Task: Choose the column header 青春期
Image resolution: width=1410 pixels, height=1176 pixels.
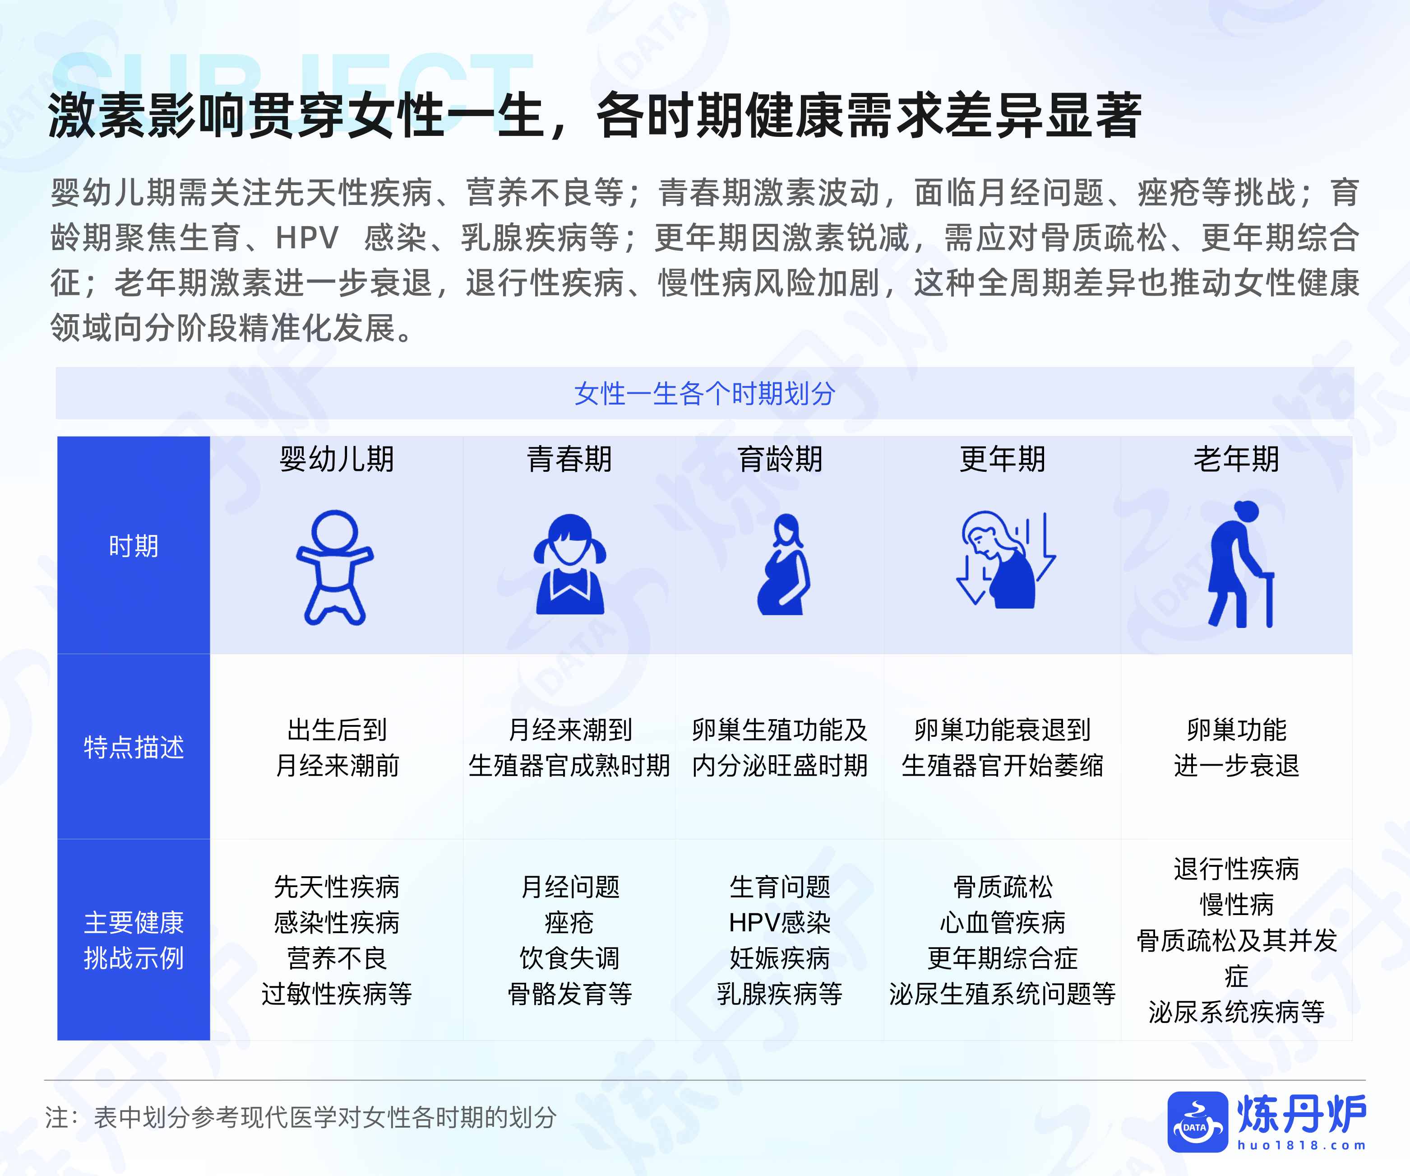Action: click(x=569, y=460)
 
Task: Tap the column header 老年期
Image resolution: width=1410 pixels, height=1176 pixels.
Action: click(x=1235, y=460)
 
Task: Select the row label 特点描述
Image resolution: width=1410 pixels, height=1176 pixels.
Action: click(x=134, y=747)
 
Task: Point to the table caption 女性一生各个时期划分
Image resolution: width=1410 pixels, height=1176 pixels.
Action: click(x=704, y=394)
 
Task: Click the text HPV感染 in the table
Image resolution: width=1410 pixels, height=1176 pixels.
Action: click(x=780, y=923)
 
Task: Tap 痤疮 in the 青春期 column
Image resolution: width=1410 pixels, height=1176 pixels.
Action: click(x=569, y=923)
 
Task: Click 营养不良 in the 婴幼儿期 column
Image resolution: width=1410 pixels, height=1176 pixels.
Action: click(x=337, y=958)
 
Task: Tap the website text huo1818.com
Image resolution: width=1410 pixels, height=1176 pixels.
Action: click(x=1302, y=1145)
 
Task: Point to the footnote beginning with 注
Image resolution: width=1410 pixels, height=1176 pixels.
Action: click(x=301, y=1118)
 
